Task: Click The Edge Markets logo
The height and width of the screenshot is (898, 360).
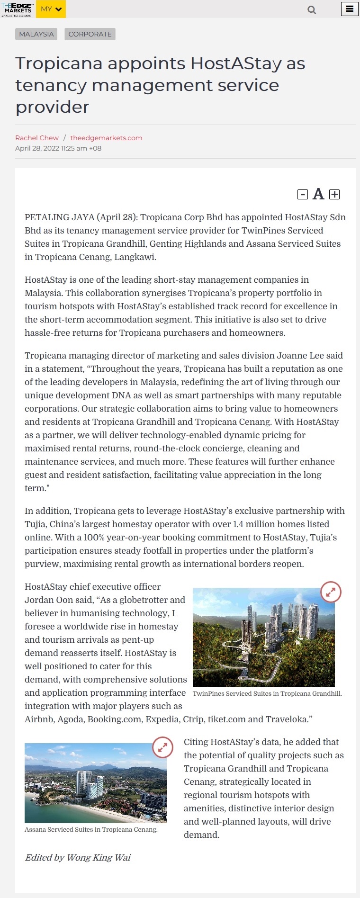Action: [17, 9]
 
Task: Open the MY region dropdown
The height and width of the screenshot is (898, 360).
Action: [51, 9]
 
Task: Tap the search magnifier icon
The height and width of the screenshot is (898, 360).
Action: [312, 9]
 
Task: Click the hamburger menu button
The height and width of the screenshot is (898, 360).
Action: [350, 9]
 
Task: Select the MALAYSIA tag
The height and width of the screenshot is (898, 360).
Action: [36, 34]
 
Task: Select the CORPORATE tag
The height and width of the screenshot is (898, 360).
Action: [90, 34]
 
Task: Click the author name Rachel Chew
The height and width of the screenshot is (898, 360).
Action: [37, 138]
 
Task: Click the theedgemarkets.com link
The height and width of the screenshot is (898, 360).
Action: [106, 138]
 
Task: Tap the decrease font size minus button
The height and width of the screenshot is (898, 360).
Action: [303, 194]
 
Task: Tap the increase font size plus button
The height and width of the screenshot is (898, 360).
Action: [334, 194]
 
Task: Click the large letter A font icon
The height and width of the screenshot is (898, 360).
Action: [318, 194]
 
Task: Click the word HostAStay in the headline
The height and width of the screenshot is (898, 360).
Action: [236, 63]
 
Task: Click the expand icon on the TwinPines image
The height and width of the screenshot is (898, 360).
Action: [331, 592]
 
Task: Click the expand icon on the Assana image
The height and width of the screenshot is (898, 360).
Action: [162, 747]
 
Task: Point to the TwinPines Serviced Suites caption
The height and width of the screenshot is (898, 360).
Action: [267, 693]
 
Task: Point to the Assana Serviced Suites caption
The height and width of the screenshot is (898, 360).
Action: [91, 830]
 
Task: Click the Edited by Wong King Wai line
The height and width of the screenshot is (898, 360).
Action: [78, 857]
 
